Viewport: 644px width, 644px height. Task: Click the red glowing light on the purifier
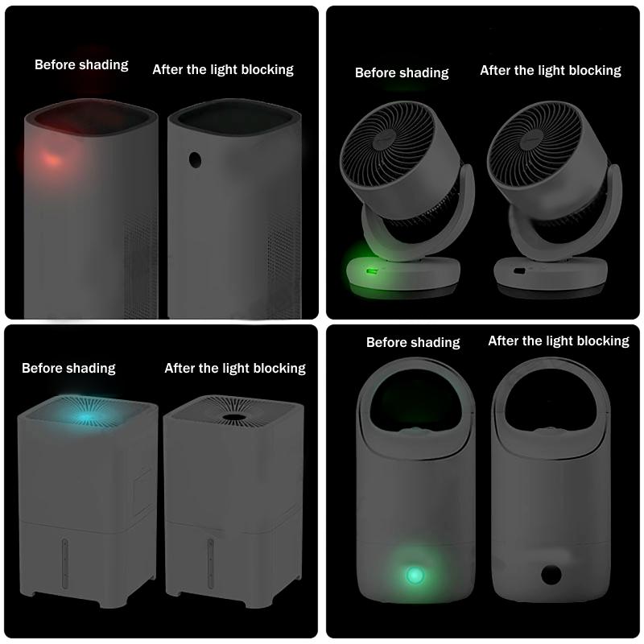pyautogui.click(x=51, y=158)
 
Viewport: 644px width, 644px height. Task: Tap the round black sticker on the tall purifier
pyautogui.click(x=194, y=159)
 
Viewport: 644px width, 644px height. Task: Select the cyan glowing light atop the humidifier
pyautogui.click(x=85, y=418)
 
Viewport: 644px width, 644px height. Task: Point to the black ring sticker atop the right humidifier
pyautogui.click(x=234, y=417)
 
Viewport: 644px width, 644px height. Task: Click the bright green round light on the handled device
pyautogui.click(x=415, y=575)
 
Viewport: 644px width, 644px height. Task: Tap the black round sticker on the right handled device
pyautogui.click(x=552, y=574)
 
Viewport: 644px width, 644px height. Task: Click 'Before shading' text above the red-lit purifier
pyautogui.click(x=81, y=64)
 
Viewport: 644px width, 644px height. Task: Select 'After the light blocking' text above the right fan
pyautogui.click(x=551, y=70)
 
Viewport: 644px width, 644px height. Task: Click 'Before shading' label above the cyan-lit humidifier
pyautogui.click(x=68, y=368)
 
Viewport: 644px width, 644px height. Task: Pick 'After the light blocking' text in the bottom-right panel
pyautogui.click(x=559, y=341)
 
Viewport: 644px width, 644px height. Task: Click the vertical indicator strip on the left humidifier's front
pyautogui.click(x=65, y=563)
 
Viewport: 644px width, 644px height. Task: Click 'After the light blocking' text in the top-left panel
pyautogui.click(x=223, y=69)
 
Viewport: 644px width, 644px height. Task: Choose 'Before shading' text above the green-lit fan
pyautogui.click(x=402, y=72)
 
